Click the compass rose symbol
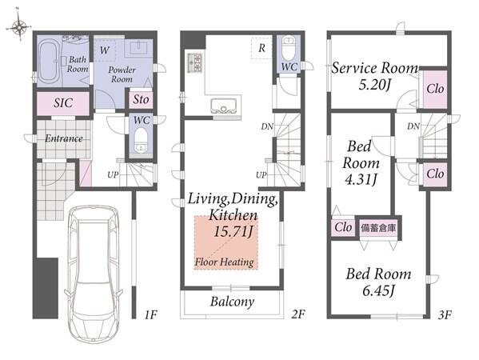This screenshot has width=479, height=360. coord(19,26)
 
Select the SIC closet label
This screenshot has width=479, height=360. coord(63,102)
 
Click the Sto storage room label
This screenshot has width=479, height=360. coord(141,99)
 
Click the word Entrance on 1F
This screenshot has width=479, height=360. coord(64,138)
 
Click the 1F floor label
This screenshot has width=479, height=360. coord(150,314)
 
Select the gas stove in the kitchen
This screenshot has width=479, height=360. coord(194,62)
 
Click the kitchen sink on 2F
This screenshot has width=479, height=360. coord(224,105)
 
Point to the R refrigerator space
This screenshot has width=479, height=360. coord(261,48)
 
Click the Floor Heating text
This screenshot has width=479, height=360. coord(224,262)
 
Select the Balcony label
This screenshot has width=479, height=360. coord(232,302)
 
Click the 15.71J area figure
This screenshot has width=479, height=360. coord(233,231)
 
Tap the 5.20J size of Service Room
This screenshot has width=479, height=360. coord(374,84)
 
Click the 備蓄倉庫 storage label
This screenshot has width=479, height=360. coord(378,228)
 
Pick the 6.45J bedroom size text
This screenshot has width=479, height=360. coord(378,290)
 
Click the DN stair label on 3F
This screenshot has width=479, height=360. coord(413,126)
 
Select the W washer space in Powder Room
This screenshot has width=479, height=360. coord(105,50)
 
